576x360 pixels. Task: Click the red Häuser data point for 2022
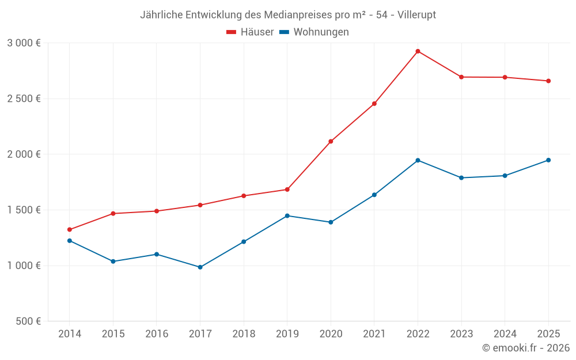pyautogui.click(x=418, y=51)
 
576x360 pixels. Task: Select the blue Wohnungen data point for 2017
pyautogui.click(x=200, y=267)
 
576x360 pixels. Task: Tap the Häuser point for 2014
pyautogui.click(x=70, y=230)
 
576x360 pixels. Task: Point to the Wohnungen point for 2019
pyautogui.click(x=287, y=216)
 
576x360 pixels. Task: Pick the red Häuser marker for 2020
pyautogui.click(x=331, y=142)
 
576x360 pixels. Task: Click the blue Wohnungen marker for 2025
pyautogui.click(x=548, y=160)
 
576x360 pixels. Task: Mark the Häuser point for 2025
pyautogui.click(x=548, y=81)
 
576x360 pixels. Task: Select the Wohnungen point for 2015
pyautogui.click(x=113, y=262)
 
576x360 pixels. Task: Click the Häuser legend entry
pyautogui.click(x=250, y=32)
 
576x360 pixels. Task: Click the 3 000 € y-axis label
pyautogui.click(x=24, y=43)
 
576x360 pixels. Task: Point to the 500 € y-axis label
pyautogui.click(x=28, y=321)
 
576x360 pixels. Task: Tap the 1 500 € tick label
pyautogui.click(x=24, y=210)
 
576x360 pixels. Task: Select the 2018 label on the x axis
pyautogui.click(x=244, y=334)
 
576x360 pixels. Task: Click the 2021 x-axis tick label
pyautogui.click(x=374, y=334)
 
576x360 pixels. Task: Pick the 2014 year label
pyautogui.click(x=70, y=334)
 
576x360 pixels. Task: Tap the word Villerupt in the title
pyautogui.click(x=416, y=15)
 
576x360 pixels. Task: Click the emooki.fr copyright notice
pyautogui.click(x=525, y=348)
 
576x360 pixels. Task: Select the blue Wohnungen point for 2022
pyautogui.click(x=418, y=160)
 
